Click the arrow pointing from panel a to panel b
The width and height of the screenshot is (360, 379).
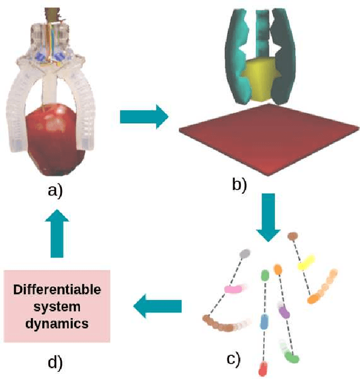(x=144, y=117)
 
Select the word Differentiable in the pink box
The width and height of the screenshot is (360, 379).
(x=57, y=291)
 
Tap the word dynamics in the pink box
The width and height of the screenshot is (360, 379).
(x=57, y=323)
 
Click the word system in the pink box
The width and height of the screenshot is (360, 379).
(x=57, y=307)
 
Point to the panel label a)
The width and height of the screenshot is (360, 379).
(x=55, y=191)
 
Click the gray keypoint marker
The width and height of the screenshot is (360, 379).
(x=245, y=254)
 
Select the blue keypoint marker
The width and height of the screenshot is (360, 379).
(x=264, y=322)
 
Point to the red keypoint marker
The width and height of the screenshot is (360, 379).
(x=263, y=369)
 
